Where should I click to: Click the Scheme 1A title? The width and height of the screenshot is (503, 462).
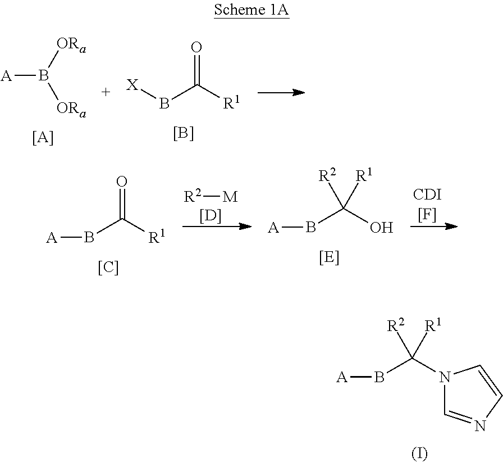coord(251,10)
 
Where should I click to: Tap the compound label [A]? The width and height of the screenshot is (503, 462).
coord(43,138)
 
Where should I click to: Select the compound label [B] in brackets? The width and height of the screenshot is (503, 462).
coord(183,133)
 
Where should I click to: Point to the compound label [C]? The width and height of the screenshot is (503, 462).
coord(108,268)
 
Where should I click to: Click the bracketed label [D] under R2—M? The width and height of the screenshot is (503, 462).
coord(211,216)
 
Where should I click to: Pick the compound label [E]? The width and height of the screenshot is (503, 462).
coord(329,257)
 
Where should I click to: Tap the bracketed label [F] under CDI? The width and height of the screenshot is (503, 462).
coord(427,215)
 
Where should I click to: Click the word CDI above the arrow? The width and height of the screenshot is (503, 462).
coord(427,194)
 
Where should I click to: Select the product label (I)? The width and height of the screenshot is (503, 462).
coord(419,454)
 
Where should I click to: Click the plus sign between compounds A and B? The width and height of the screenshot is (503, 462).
coord(106,92)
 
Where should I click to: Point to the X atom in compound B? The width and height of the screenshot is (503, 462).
coord(132,85)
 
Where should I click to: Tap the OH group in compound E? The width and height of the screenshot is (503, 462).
coord(381,228)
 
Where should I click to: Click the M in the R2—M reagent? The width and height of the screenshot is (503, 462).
coord(230,197)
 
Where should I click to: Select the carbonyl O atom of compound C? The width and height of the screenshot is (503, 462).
coord(122,182)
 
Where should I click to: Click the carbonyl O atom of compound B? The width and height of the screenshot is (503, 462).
coord(196,47)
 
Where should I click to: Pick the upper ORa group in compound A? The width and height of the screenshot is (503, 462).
coord(71,45)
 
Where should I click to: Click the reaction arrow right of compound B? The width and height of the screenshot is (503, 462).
coord(281,93)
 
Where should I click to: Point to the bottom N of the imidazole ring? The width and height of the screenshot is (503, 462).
coord(480,427)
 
